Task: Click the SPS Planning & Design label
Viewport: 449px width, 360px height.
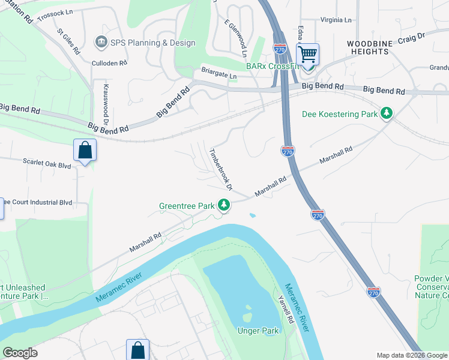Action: tap(152, 43)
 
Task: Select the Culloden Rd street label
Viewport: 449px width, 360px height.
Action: tap(109, 62)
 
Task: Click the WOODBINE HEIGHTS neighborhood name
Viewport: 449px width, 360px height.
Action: tap(368, 48)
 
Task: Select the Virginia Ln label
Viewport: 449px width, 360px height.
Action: tap(336, 20)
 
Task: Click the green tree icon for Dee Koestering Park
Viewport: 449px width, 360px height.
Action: tap(387, 113)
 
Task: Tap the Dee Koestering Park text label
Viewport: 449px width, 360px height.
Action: tap(339, 113)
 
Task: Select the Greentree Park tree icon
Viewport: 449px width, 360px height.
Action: tap(224, 205)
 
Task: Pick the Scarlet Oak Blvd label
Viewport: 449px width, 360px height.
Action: tap(46, 163)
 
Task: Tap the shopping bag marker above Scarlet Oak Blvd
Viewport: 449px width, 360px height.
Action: tap(85, 151)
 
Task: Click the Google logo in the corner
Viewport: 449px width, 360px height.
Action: tap(20, 353)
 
